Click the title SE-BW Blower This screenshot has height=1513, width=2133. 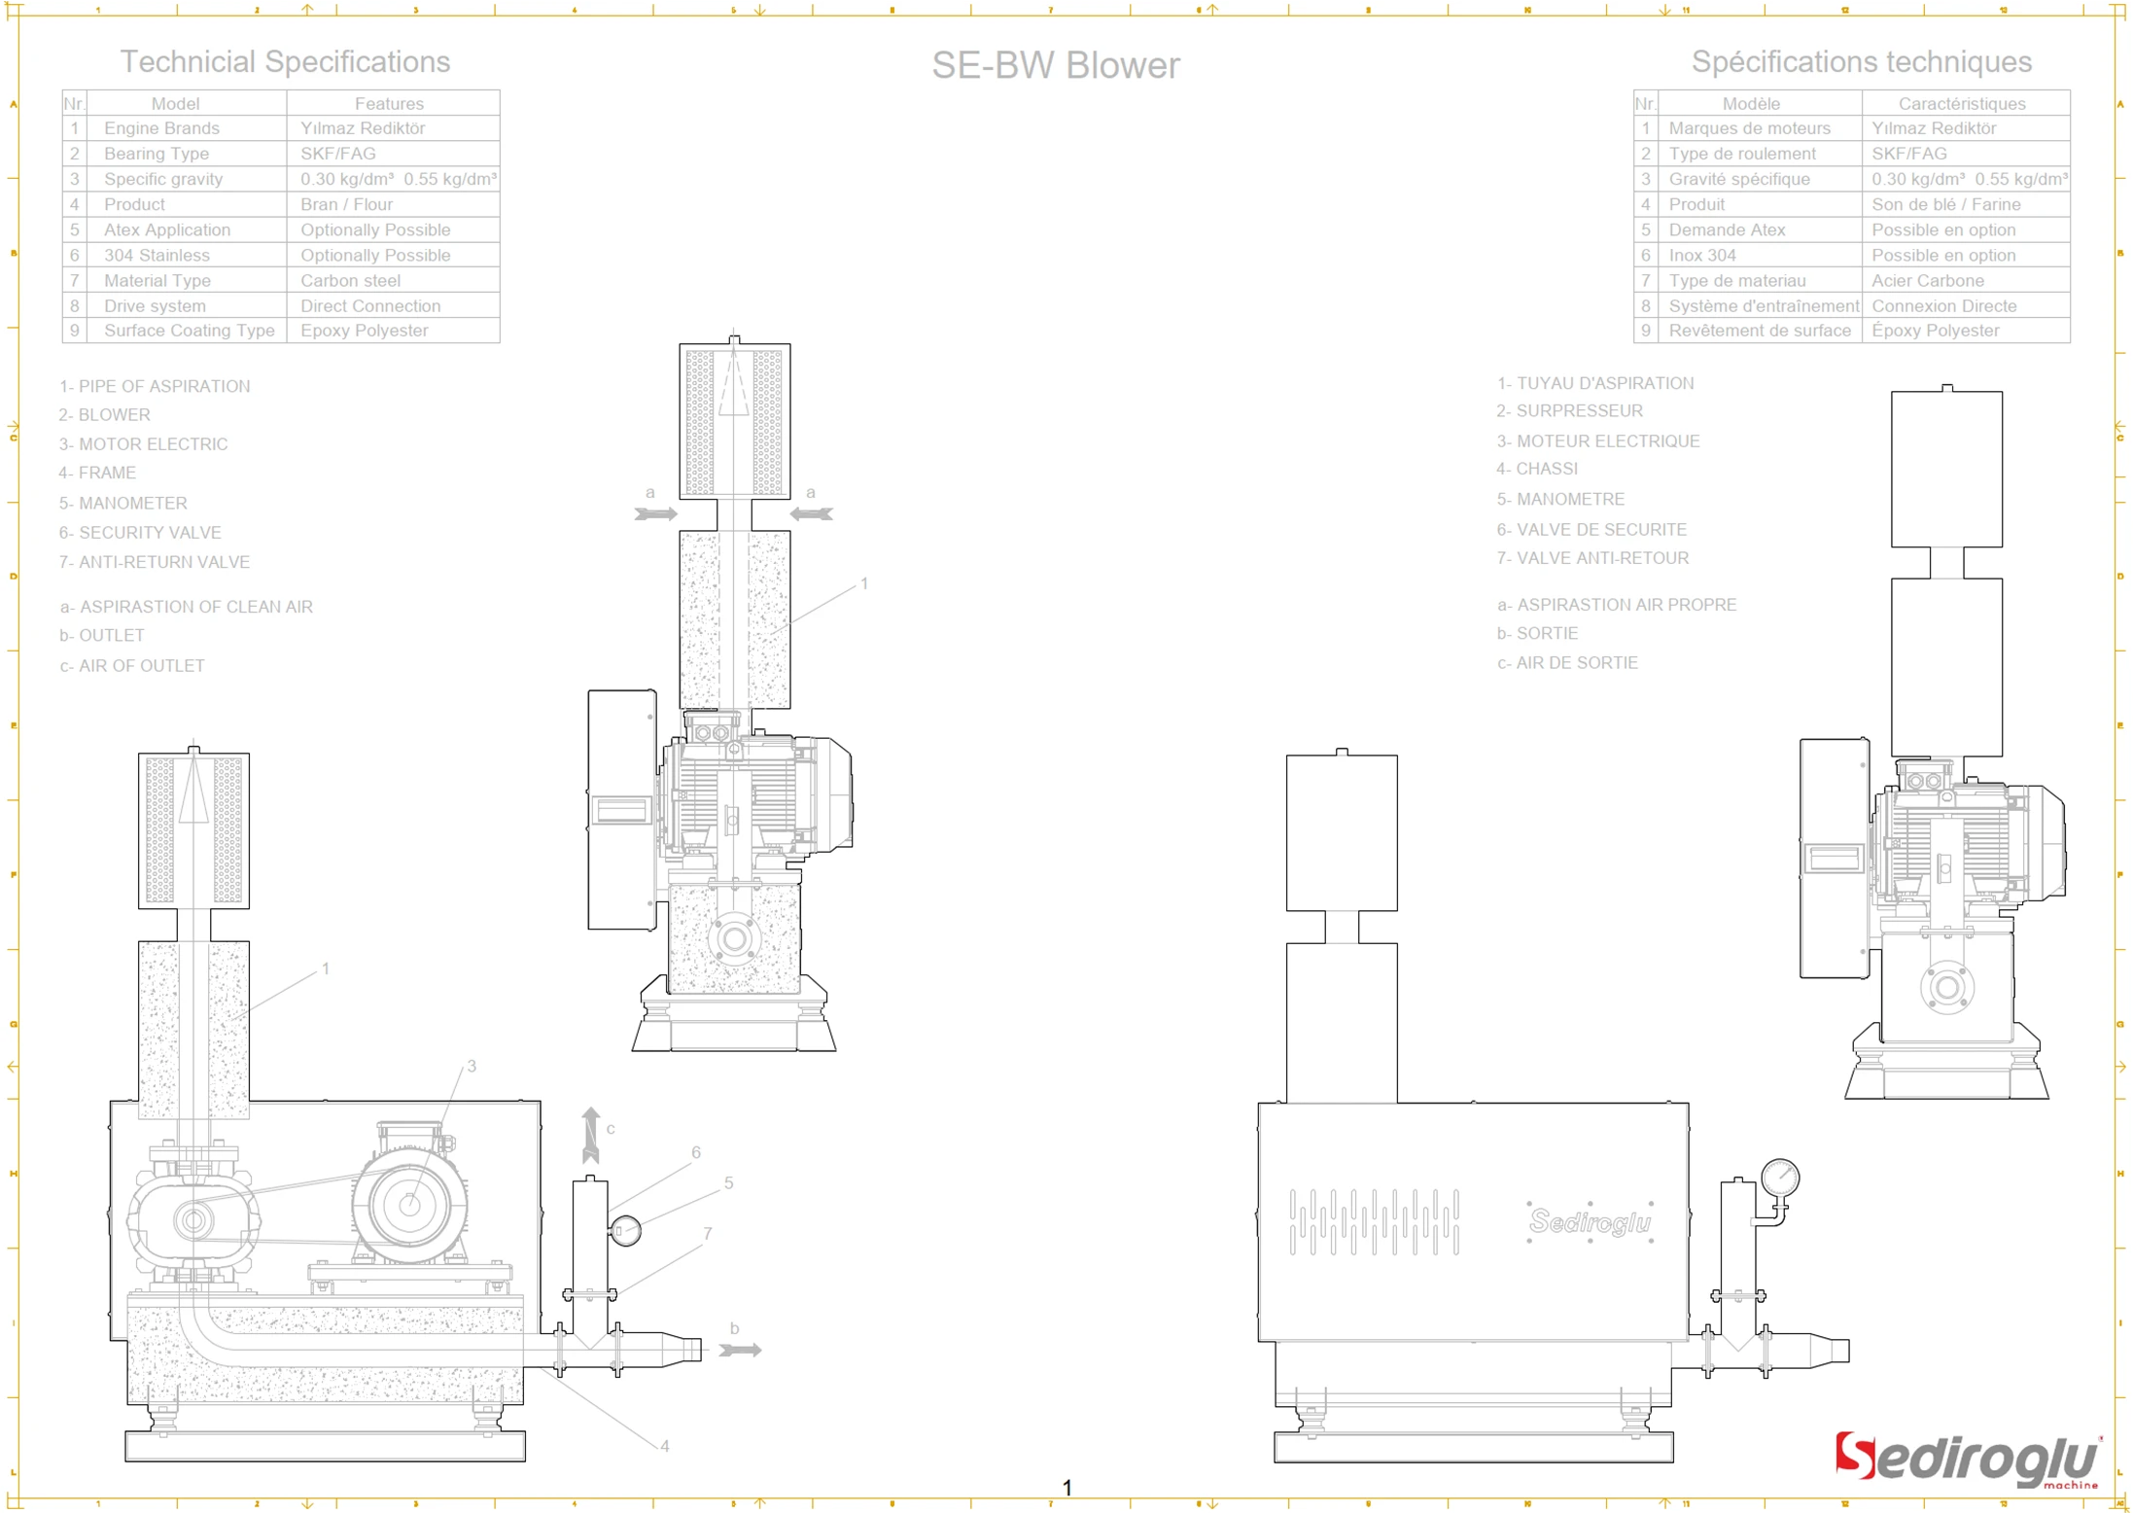click(1055, 65)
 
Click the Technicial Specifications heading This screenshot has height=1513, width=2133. click(285, 61)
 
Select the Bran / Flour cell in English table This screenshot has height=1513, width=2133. click(346, 204)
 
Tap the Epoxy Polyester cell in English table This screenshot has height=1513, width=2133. click(364, 331)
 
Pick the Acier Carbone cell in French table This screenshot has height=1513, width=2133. click(1927, 280)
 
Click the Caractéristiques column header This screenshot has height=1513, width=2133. click(1961, 103)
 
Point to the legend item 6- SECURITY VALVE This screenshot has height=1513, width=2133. click(140, 533)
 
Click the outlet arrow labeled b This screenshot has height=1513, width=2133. click(741, 1350)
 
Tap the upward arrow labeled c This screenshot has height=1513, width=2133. click(590, 1134)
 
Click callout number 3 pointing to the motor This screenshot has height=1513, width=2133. click(472, 1067)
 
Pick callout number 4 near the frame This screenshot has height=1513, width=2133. click(664, 1446)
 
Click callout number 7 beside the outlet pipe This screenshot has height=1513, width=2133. click(707, 1234)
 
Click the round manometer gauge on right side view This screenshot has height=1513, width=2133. click(1779, 1178)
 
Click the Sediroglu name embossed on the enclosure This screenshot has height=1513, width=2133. click(1590, 1221)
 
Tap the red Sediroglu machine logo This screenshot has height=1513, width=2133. click(1967, 1460)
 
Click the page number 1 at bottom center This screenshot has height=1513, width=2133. click(1066, 1488)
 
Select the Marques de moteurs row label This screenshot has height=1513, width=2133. click(1748, 128)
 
